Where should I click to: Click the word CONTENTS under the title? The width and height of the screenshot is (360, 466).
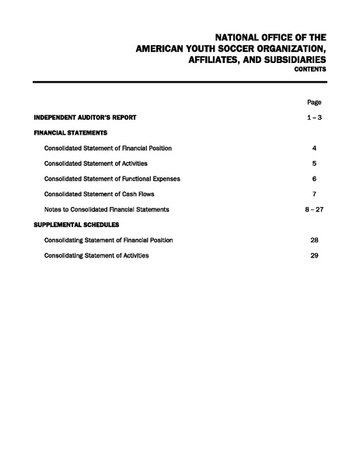309,69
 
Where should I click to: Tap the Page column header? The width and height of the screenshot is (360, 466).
314,102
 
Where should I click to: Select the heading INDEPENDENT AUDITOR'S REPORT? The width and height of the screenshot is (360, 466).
86,117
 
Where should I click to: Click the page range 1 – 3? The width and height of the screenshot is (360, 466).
314,117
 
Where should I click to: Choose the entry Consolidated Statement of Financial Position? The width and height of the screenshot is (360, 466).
108,148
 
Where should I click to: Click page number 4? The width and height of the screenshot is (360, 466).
314,148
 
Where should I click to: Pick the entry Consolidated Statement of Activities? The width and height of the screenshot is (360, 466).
96,163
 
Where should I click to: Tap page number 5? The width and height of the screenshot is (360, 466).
314,163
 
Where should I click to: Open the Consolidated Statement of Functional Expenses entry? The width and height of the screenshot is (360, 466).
112,178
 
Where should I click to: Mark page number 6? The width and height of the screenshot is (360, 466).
314,178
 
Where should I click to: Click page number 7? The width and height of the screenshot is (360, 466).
314,194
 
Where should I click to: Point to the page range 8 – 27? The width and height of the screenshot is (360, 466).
314,209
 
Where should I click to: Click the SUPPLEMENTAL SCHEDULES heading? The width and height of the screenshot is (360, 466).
76,224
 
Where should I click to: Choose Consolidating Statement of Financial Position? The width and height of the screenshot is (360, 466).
108,240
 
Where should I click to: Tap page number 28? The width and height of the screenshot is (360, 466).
314,240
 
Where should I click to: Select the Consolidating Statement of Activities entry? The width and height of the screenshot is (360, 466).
96,255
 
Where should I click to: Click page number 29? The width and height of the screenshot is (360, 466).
314,255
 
